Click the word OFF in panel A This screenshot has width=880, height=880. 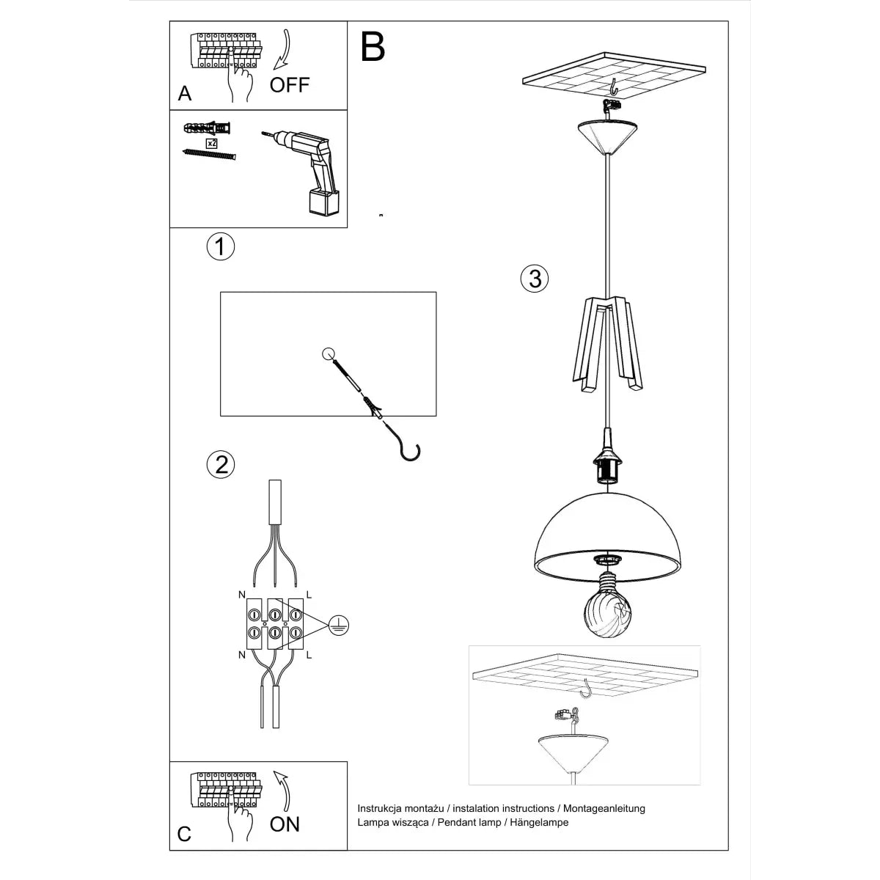click(290, 85)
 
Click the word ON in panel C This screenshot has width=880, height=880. click(285, 824)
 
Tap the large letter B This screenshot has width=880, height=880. click(373, 47)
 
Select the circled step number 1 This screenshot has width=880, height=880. click(220, 246)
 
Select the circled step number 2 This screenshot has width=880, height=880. click(221, 464)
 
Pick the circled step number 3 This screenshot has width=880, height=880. click(535, 279)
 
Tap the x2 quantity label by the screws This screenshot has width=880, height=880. click(212, 143)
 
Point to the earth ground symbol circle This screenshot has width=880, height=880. click(337, 624)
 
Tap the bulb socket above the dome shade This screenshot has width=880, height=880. click(606, 466)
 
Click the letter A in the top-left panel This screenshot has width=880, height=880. click(185, 93)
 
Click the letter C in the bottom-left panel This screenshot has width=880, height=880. click(185, 834)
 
